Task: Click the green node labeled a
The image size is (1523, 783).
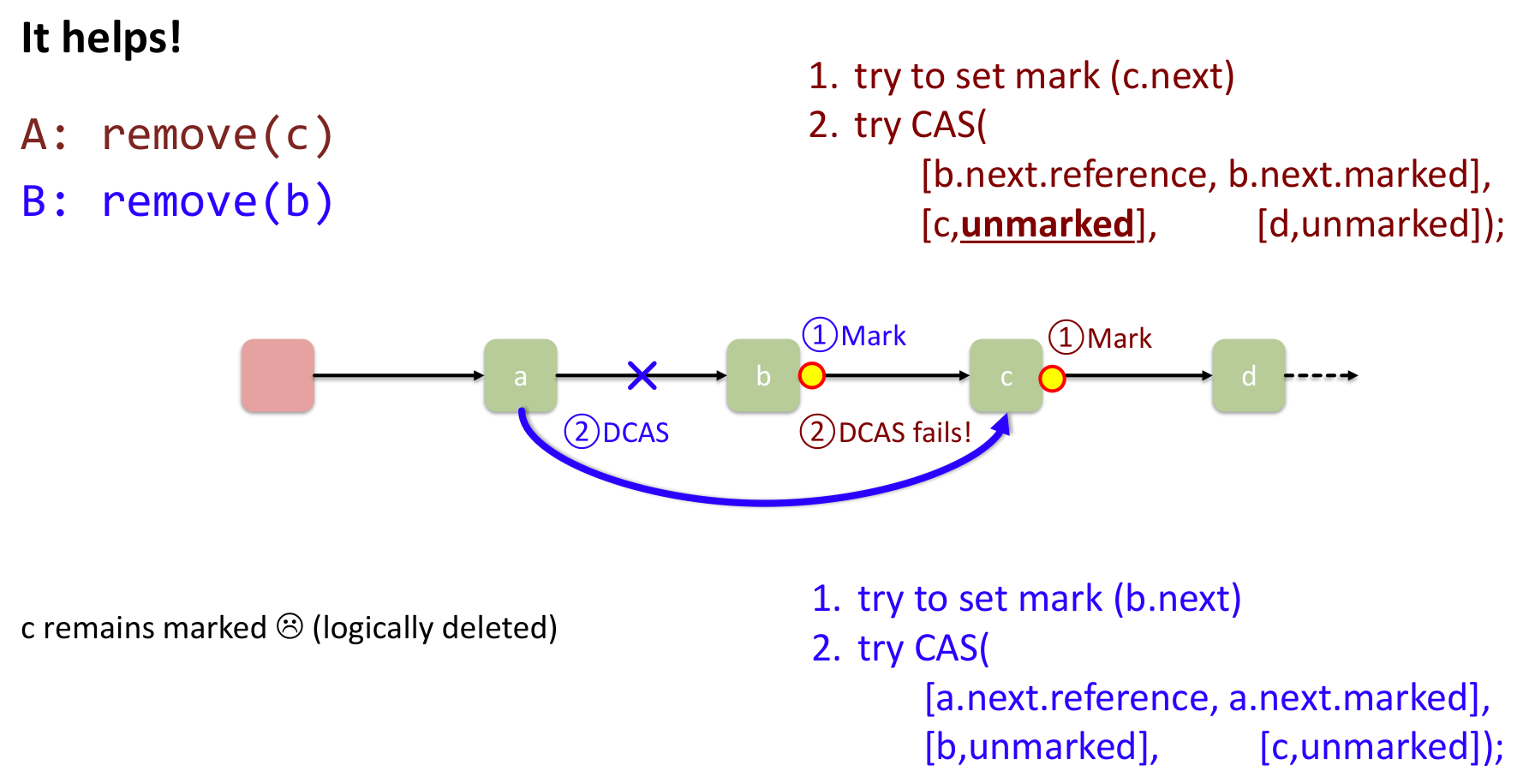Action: click(x=520, y=376)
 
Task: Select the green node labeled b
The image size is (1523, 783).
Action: click(x=762, y=376)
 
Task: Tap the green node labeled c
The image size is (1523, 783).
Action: click(x=1006, y=376)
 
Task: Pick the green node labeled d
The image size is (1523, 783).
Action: click(x=1248, y=376)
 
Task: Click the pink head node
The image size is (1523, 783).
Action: click(x=278, y=376)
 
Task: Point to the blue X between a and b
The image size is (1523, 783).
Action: click(x=642, y=375)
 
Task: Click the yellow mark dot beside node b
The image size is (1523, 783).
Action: click(x=811, y=375)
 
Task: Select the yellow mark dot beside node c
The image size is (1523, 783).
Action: click(x=1052, y=378)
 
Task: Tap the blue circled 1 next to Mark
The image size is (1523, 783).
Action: click(x=820, y=335)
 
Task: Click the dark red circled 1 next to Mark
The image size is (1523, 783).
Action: click(x=1066, y=338)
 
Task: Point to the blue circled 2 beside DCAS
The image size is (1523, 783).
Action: click(x=582, y=432)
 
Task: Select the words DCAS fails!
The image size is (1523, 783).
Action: click(x=905, y=433)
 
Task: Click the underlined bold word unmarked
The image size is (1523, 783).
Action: click(x=1047, y=224)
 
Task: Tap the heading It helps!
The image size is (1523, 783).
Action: click(x=101, y=38)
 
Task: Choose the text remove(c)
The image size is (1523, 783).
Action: click(x=217, y=135)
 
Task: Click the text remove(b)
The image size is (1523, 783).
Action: click(x=217, y=202)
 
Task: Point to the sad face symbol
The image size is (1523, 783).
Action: click(x=290, y=627)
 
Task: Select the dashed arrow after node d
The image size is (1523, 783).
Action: click(x=1321, y=375)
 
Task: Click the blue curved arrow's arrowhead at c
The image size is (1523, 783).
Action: click(x=1003, y=424)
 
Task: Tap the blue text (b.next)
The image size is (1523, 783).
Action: click(x=1177, y=599)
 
